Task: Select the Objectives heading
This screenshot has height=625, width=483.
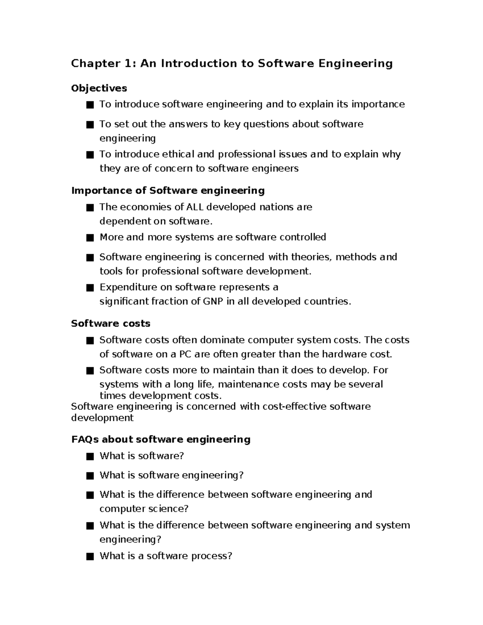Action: [99, 88]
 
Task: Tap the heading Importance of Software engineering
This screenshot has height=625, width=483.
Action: [168, 190]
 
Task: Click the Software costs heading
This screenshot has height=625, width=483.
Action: [111, 324]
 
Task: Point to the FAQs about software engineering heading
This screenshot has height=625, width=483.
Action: [161, 439]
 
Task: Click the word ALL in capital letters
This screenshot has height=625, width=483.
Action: [195, 207]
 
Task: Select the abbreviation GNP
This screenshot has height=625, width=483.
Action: [213, 301]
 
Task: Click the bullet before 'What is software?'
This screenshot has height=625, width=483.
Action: [90, 456]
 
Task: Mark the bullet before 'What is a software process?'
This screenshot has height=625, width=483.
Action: [90, 557]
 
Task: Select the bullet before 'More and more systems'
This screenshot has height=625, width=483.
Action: [90, 238]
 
